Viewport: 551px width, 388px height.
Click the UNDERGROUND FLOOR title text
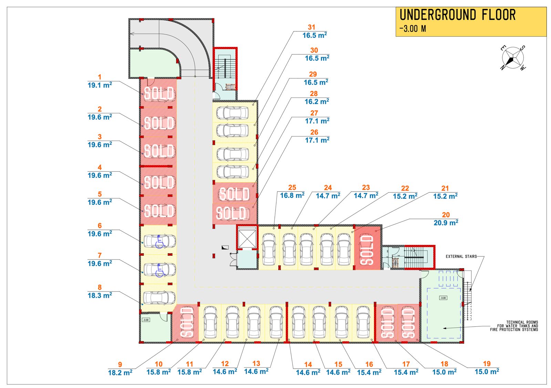pyautogui.click(x=457, y=15)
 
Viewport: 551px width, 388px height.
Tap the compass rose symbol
pyautogui.click(x=513, y=58)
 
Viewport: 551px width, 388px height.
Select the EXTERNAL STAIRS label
pyautogui.click(x=461, y=256)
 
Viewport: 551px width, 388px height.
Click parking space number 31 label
pyautogui.click(x=311, y=27)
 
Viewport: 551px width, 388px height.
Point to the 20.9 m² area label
pyautogui.click(x=446, y=223)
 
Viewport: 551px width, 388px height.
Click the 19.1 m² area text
pyautogui.click(x=100, y=85)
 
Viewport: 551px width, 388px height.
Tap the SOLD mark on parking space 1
pyautogui.click(x=159, y=94)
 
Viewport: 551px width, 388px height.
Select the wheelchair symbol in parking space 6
pyautogui.click(x=160, y=242)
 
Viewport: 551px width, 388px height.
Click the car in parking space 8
pyautogui.click(x=159, y=297)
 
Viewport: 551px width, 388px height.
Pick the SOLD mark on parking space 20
pyautogui.click(x=367, y=250)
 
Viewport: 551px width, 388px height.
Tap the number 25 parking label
pyautogui.click(x=292, y=187)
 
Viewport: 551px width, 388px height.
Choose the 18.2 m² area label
pyautogui.click(x=120, y=373)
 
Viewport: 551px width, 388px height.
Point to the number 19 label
pyautogui.click(x=487, y=364)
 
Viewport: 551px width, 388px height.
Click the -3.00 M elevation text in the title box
pyautogui.click(x=413, y=29)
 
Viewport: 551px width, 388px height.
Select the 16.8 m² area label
pyautogui.click(x=292, y=196)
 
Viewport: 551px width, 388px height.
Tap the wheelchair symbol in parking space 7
pyautogui.click(x=160, y=271)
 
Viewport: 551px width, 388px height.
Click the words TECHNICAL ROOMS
pyautogui.click(x=522, y=322)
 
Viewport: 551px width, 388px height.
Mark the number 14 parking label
pyautogui.click(x=308, y=365)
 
